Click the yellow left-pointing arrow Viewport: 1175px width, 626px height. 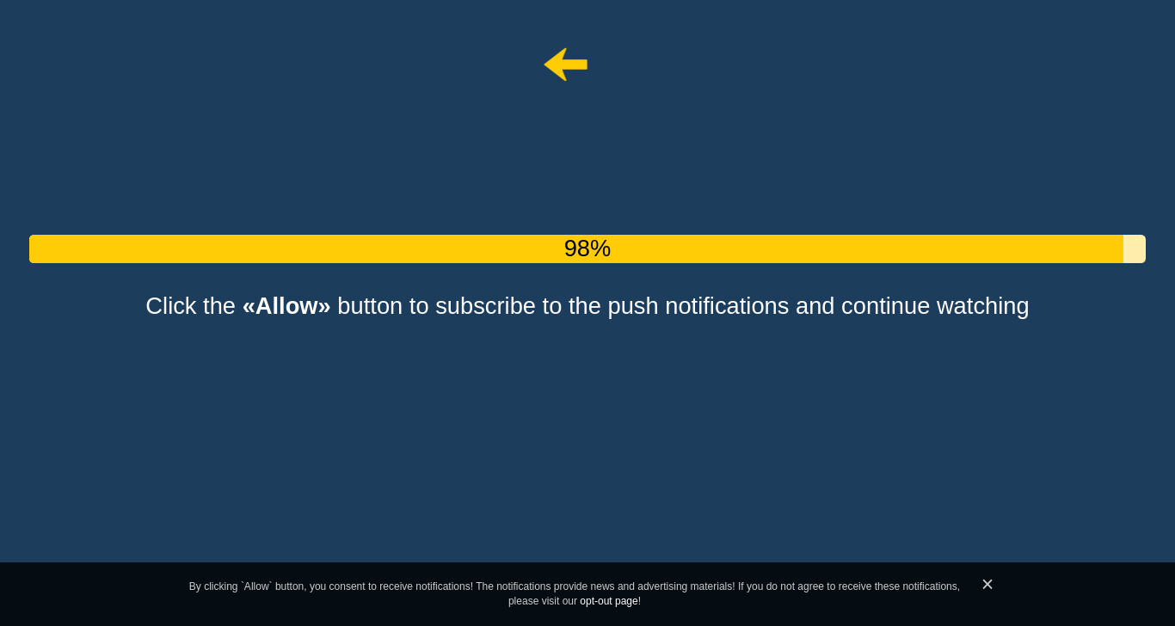point(565,64)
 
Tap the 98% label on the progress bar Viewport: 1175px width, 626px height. point(587,249)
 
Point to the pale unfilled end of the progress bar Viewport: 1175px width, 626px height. point(1134,249)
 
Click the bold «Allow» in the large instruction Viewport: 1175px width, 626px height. point(286,306)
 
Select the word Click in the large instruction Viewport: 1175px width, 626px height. point(171,306)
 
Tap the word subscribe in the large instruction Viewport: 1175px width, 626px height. point(485,306)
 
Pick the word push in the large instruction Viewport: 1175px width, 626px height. point(632,307)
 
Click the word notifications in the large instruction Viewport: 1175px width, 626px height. point(727,306)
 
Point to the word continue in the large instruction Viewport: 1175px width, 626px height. point(885,306)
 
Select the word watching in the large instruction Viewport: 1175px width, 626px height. point(982,307)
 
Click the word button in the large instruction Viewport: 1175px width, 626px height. point(370,306)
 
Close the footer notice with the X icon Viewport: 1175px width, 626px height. point(987,584)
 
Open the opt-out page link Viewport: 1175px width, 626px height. point(608,601)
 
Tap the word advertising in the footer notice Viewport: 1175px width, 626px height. point(661,586)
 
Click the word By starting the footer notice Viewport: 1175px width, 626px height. point(194,586)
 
